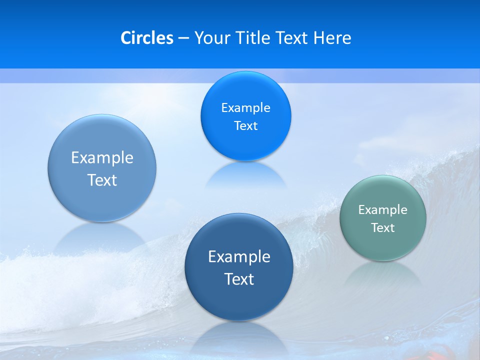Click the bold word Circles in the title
click(x=147, y=38)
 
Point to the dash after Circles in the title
click(x=183, y=38)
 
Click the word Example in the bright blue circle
click(x=245, y=107)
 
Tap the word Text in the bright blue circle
click(x=245, y=125)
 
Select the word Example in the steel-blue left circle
click(x=102, y=157)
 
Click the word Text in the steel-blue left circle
click(x=102, y=180)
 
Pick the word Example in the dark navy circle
click(x=239, y=256)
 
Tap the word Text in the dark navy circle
click(x=239, y=279)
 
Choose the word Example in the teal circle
click(x=382, y=209)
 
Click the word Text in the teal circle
click(x=382, y=227)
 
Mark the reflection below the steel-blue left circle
click(x=102, y=238)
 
